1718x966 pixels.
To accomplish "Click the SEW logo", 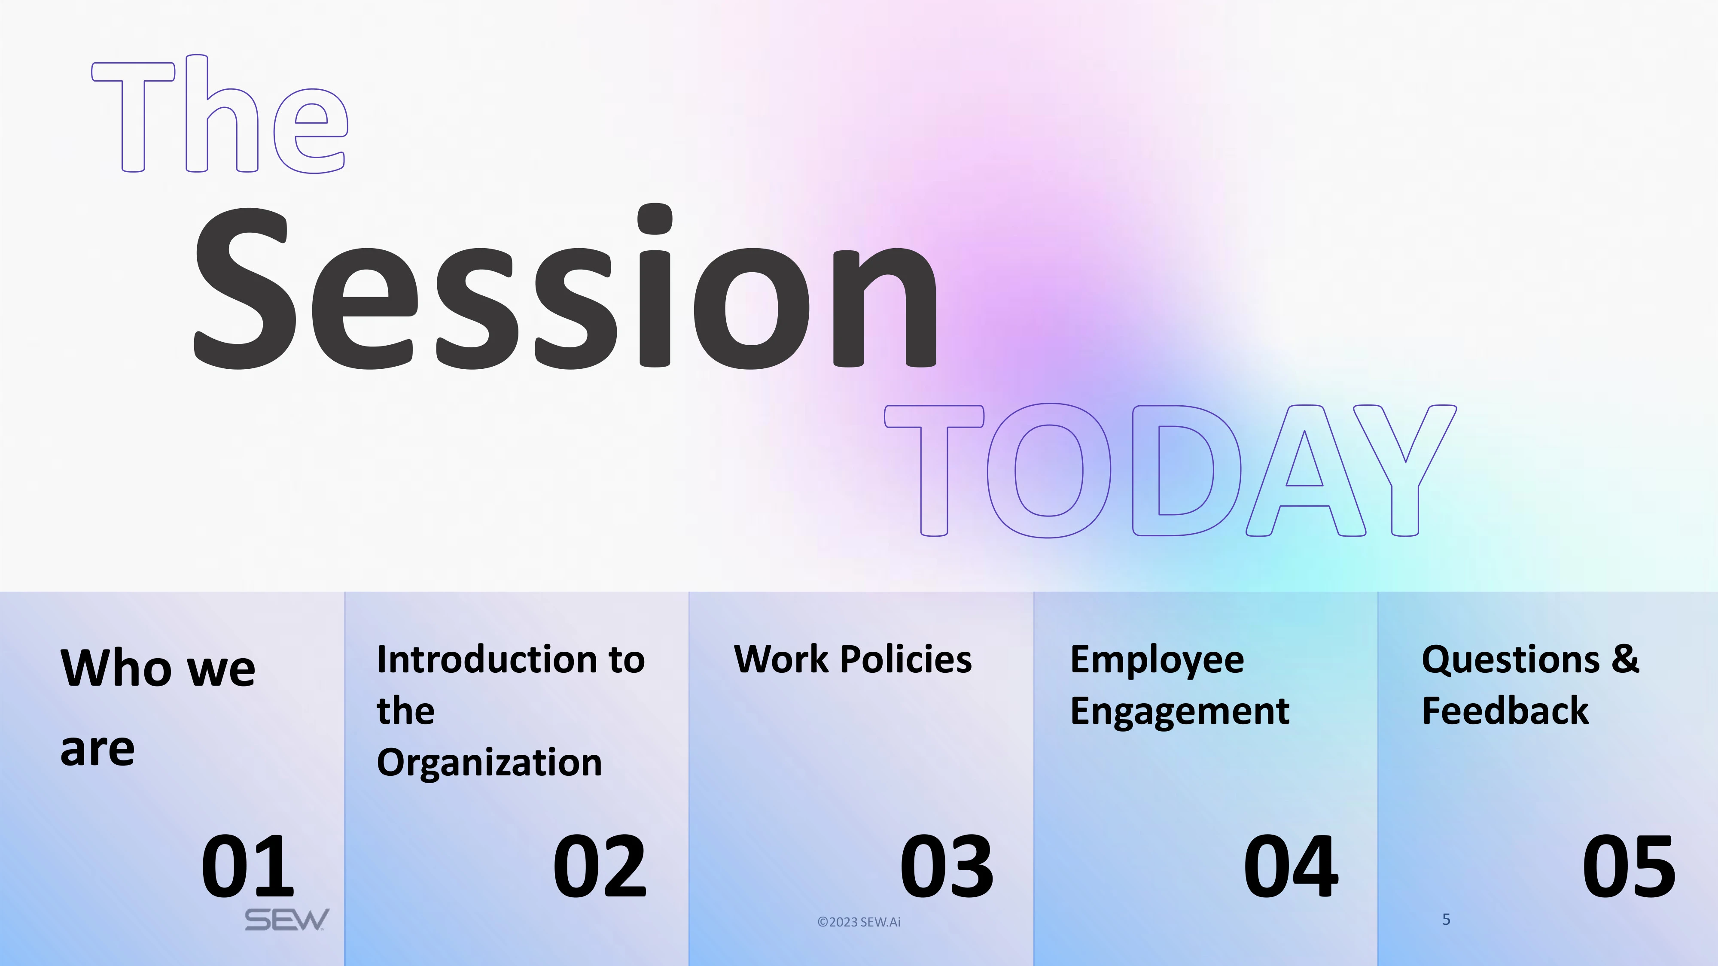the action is click(x=287, y=920).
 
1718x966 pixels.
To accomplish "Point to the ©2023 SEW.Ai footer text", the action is click(x=859, y=922).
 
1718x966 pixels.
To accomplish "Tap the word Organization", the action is click(x=490, y=762).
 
